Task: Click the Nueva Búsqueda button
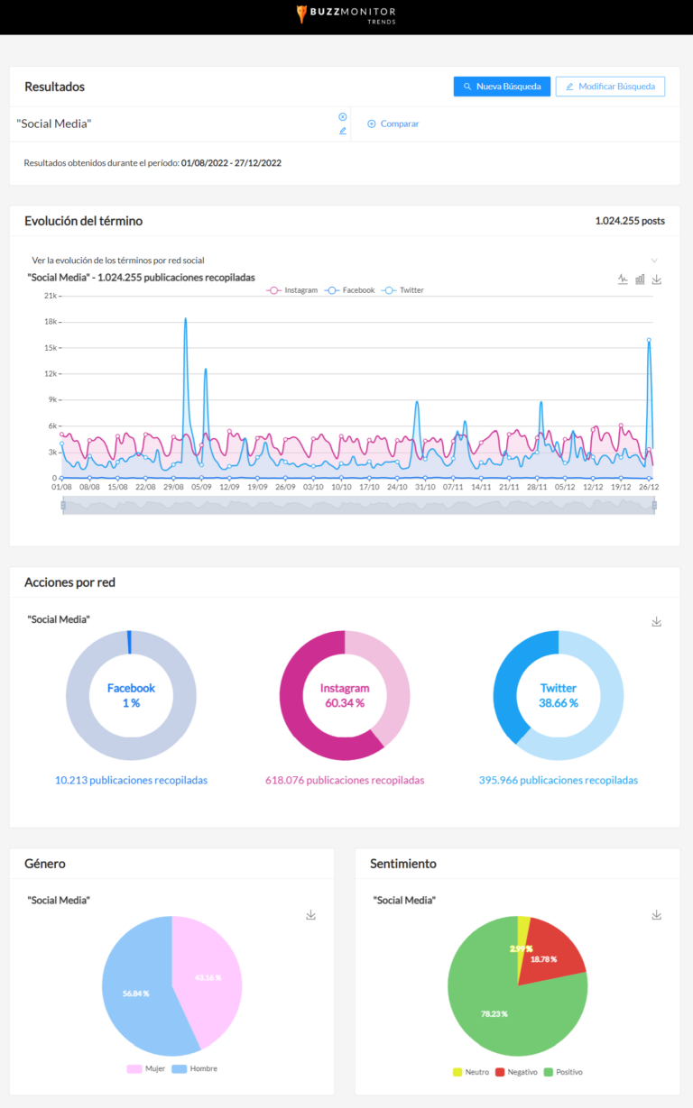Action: point(502,87)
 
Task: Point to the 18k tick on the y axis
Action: point(51,322)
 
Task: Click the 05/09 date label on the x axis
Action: point(201,487)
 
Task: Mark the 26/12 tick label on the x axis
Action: point(648,487)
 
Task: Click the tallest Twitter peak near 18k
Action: point(185,319)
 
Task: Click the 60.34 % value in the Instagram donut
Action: point(345,702)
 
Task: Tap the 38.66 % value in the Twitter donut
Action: point(558,702)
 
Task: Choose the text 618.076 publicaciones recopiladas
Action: point(345,780)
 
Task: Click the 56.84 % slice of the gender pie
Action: point(135,992)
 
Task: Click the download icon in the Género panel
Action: point(311,915)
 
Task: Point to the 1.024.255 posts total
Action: point(630,221)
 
